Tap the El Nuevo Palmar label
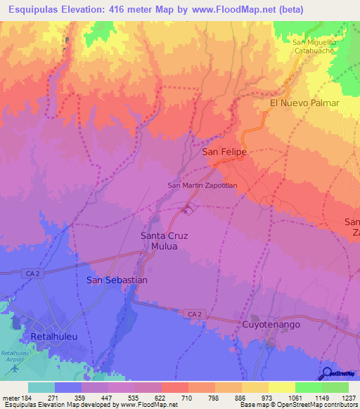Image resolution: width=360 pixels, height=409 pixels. [304, 103]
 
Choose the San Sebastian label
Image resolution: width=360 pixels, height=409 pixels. [117, 280]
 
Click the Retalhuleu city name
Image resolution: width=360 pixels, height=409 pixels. [53, 337]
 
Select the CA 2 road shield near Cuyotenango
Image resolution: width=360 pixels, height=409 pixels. [195, 313]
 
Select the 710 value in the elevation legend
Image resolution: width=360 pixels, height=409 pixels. [188, 397]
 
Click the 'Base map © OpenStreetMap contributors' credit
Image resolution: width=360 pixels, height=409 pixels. [298, 405]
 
